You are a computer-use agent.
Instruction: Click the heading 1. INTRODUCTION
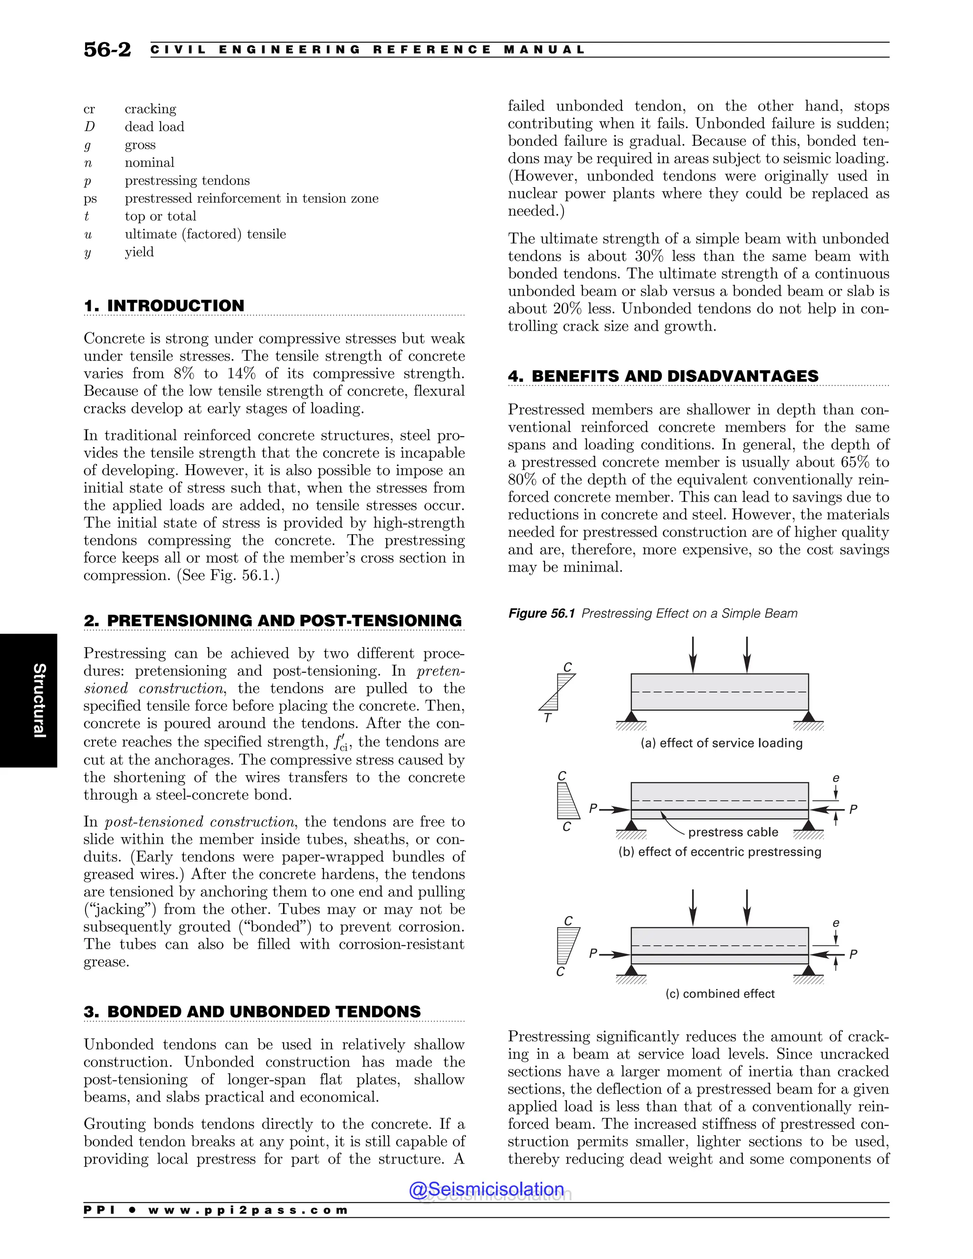click(x=164, y=305)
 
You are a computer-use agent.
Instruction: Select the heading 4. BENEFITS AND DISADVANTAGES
click(x=663, y=376)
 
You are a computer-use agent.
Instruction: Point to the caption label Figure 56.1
click(x=541, y=613)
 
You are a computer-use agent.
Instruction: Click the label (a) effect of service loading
click(x=721, y=743)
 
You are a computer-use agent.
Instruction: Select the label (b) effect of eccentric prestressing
click(x=719, y=852)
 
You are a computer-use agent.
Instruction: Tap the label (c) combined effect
click(x=719, y=994)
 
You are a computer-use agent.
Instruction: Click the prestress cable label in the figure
click(x=733, y=832)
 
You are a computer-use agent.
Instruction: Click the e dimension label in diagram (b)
click(x=836, y=779)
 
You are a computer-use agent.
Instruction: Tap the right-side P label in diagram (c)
click(x=853, y=954)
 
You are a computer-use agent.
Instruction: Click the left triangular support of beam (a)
click(x=631, y=716)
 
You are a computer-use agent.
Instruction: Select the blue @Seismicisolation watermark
click(x=486, y=1189)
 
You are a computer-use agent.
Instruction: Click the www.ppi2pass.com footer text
click(x=248, y=1210)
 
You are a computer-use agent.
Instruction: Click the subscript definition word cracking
click(x=151, y=109)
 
